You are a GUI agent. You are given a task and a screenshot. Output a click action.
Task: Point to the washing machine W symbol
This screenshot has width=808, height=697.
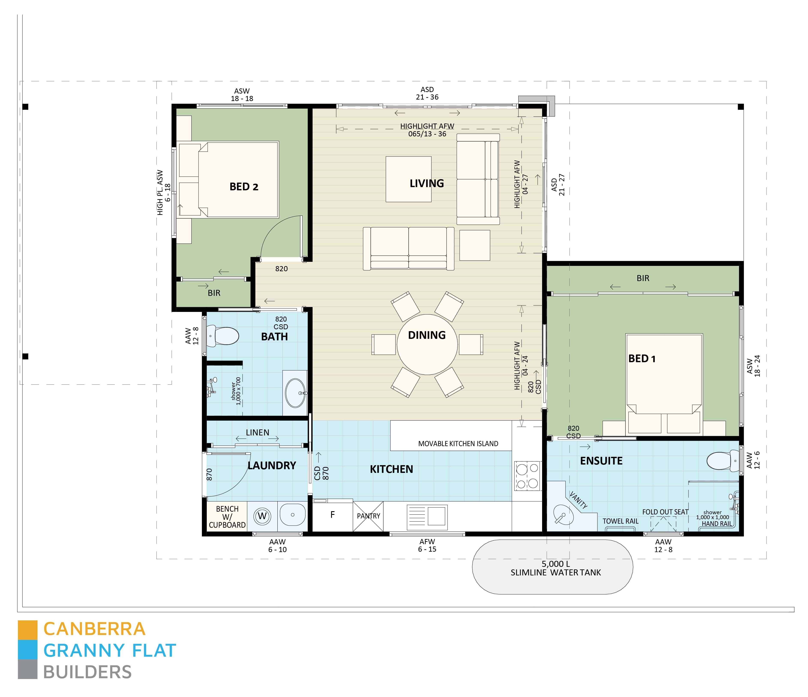(262, 517)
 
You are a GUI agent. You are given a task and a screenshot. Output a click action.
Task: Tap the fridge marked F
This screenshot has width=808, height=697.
(332, 515)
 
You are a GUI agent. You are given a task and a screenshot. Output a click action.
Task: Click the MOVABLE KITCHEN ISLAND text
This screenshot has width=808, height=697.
(458, 444)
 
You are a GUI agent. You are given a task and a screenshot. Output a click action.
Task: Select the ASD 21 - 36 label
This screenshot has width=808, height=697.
(427, 94)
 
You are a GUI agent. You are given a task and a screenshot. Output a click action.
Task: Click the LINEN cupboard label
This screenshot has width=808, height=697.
(257, 432)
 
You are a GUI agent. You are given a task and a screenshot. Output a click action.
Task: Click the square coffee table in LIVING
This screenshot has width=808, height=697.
(408, 179)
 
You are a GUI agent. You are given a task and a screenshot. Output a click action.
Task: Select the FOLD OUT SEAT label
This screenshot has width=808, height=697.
(665, 512)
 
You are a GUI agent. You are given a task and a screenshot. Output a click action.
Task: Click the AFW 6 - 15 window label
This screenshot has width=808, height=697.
(427, 545)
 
